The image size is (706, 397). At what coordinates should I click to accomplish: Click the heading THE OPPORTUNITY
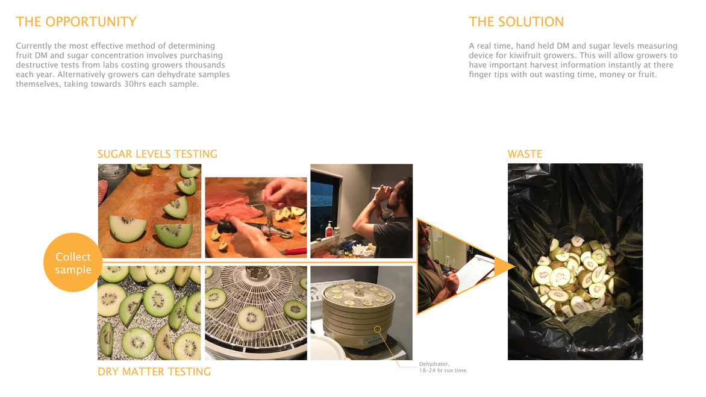tap(76, 22)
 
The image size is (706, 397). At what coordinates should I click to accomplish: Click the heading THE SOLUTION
tap(516, 22)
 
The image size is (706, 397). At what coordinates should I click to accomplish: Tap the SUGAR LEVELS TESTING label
tap(157, 154)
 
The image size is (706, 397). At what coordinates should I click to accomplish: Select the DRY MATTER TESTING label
tap(154, 371)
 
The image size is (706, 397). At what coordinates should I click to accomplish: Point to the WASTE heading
tap(525, 154)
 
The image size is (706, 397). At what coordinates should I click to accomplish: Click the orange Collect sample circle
tap(73, 263)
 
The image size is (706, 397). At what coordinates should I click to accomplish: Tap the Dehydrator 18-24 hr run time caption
tap(443, 367)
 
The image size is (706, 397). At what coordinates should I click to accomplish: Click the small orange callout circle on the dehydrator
tap(377, 330)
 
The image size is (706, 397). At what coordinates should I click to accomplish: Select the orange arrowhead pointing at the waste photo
tap(504, 266)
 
